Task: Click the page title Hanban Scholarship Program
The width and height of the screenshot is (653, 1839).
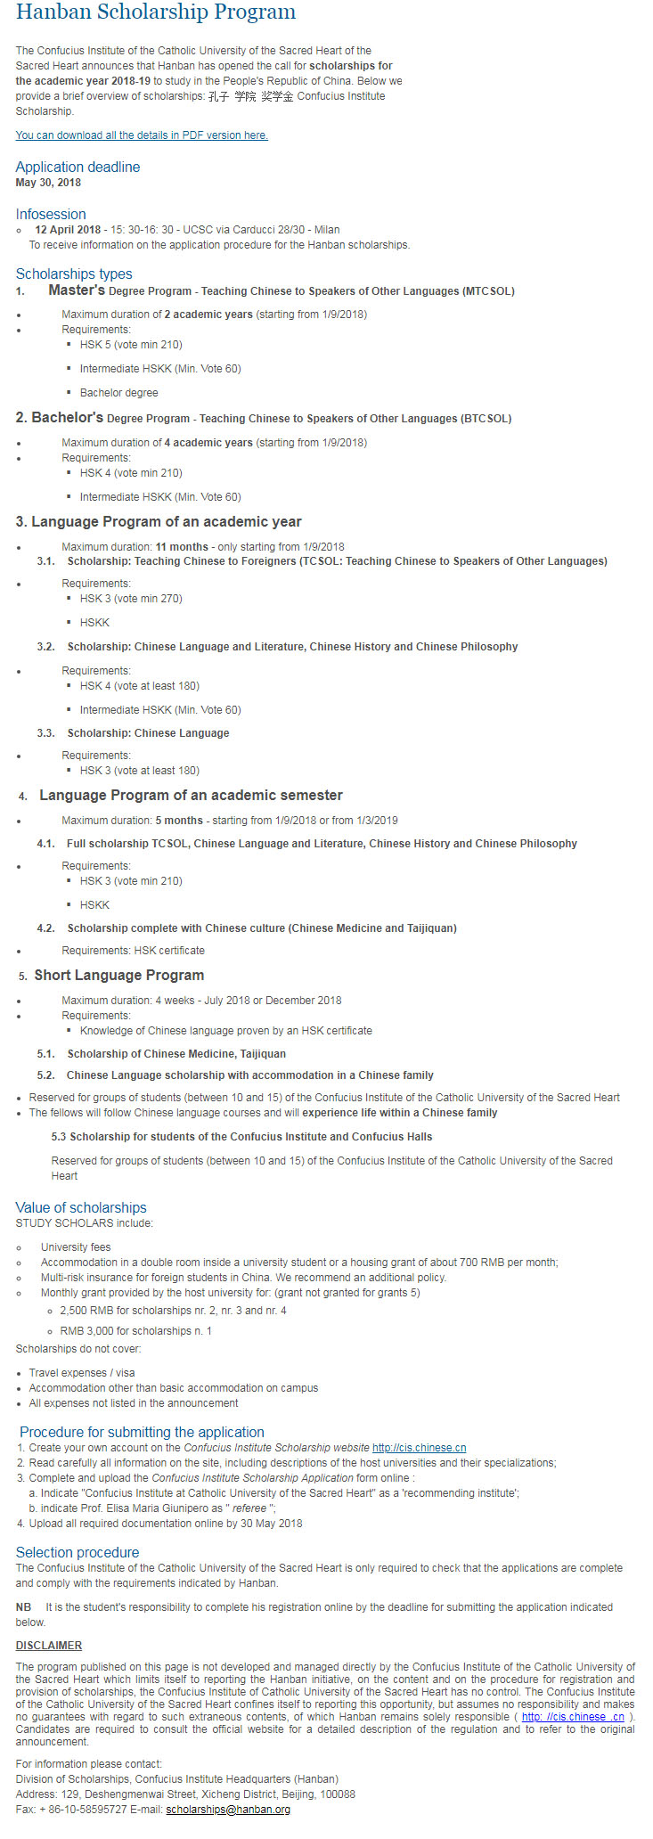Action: click(x=156, y=12)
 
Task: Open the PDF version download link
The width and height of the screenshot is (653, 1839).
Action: click(x=142, y=135)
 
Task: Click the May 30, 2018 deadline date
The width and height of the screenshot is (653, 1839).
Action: click(x=48, y=183)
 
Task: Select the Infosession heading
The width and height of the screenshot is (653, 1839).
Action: click(x=51, y=214)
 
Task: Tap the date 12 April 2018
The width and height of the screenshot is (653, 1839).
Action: click(x=68, y=230)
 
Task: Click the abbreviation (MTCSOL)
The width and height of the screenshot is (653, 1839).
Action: click(x=488, y=291)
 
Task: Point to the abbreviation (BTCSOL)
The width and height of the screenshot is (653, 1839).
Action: click(x=486, y=419)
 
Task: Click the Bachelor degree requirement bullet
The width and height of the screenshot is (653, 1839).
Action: click(x=118, y=393)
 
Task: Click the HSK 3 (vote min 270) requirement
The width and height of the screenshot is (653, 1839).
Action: click(x=131, y=599)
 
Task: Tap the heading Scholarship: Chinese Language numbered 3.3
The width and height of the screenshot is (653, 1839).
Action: click(x=148, y=733)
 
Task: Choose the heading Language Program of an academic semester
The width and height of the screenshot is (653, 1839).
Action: click(x=191, y=795)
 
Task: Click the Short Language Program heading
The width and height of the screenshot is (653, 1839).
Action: click(x=119, y=975)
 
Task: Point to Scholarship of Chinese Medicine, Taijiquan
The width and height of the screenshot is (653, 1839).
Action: click(x=176, y=1054)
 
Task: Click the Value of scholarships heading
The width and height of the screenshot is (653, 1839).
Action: click(x=81, y=1207)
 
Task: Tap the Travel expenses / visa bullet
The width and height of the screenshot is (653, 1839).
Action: click(x=82, y=1373)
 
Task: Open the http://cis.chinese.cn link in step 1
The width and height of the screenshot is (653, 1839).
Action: click(x=419, y=1448)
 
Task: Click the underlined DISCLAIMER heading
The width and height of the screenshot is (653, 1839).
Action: click(x=49, y=1646)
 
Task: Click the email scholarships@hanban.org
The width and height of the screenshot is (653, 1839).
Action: click(x=228, y=1810)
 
